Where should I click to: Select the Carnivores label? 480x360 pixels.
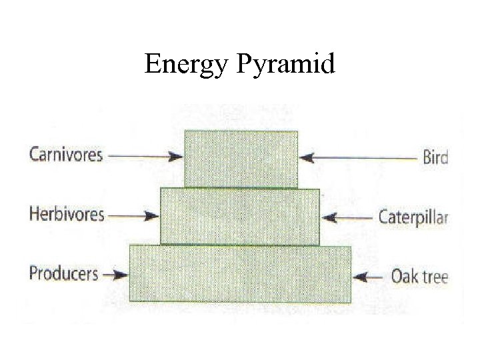66,155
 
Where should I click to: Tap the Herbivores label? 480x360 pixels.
67,214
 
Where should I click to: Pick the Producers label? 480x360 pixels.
64,273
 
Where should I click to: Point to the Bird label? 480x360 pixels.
435,158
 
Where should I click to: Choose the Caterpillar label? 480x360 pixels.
413,217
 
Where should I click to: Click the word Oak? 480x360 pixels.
404,275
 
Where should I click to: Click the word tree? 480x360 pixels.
434,276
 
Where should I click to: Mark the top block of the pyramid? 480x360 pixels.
241,159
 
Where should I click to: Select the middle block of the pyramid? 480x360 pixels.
240,216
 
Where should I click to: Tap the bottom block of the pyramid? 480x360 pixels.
240,274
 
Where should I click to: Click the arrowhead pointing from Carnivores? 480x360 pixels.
177,157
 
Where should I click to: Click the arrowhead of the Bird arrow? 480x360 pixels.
305,158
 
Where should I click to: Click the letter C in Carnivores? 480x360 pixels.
34,155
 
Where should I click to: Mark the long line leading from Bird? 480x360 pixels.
363,158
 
